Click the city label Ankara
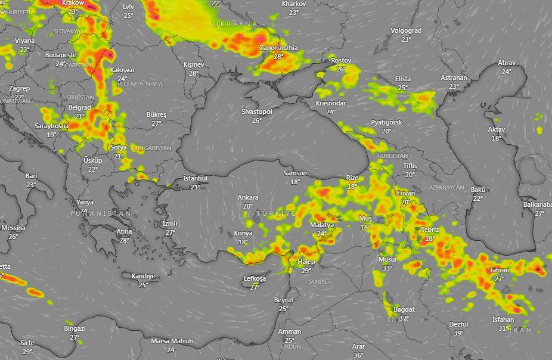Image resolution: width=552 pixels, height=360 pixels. (x=248, y=197)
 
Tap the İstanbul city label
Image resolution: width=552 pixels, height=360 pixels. (x=195, y=178)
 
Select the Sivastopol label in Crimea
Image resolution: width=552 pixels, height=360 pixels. (x=257, y=111)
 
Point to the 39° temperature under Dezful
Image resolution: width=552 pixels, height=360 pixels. (x=458, y=333)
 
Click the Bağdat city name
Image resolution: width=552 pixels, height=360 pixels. (x=404, y=309)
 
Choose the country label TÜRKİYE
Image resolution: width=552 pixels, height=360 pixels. (x=276, y=213)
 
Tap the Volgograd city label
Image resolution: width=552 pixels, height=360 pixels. (x=406, y=30)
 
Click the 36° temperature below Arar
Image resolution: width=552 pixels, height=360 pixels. (x=358, y=355)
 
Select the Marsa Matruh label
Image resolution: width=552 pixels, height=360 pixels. (x=172, y=341)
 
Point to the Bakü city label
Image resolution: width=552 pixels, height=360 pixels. (x=478, y=190)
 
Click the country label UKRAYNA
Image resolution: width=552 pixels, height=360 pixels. (x=235, y=24)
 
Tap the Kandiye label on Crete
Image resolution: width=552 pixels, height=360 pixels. (x=142, y=276)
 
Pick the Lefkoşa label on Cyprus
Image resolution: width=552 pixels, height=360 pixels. (x=255, y=279)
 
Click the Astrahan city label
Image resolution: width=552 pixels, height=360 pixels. (x=454, y=77)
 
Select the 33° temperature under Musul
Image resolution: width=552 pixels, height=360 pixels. (x=387, y=268)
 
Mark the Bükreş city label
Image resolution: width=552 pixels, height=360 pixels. (x=157, y=114)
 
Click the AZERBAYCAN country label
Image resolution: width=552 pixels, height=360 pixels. (x=446, y=187)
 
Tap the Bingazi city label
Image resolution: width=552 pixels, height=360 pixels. (x=75, y=328)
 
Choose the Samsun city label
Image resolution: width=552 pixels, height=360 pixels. (x=295, y=173)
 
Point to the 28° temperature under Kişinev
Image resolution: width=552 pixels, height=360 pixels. (x=194, y=73)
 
